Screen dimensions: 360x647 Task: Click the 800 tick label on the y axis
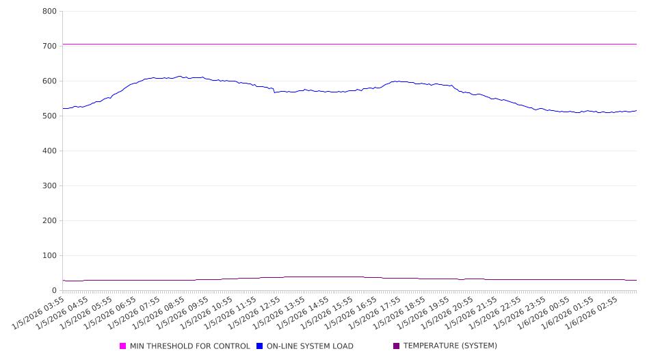coord(49,12)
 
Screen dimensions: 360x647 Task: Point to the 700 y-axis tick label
coord(49,47)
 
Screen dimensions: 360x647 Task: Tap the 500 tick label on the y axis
coord(49,116)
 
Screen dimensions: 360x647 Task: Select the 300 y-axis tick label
coord(49,186)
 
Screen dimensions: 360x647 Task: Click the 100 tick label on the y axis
coord(49,256)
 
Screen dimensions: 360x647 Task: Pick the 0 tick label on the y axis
coord(54,291)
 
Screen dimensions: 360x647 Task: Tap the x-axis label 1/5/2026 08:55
coord(160,312)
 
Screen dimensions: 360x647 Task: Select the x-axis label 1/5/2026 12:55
coord(256,312)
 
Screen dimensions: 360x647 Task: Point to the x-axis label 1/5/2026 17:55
coord(375,312)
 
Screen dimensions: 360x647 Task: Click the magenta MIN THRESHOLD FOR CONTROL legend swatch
coord(123,346)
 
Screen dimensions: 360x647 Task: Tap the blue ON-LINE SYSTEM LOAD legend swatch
coord(260,346)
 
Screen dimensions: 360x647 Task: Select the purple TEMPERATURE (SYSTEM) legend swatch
coord(397,346)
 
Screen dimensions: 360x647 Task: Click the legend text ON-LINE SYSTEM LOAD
coord(310,346)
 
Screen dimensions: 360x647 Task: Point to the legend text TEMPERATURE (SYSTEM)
coord(450,346)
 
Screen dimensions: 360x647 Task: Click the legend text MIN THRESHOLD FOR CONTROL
coord(190,346)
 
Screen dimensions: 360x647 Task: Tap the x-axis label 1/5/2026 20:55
coord(447,312)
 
